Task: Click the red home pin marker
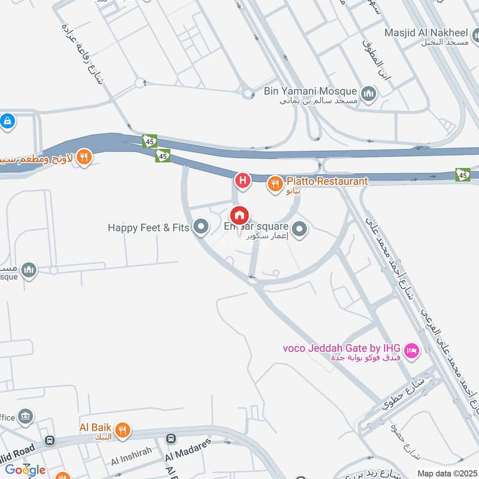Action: [x=239, y=216]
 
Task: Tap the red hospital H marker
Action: [x=242, y=179]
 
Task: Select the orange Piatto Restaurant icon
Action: [x=275, y=183]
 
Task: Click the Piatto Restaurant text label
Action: [x=327, y=181]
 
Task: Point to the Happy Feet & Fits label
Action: [x=148, y=228]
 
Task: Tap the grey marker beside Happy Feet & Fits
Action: [x=202, y=228]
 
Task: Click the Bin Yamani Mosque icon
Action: [x=368, y=93]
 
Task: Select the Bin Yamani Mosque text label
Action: [x=310, y=92]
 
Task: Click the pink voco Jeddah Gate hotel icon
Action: [x=411, y=350]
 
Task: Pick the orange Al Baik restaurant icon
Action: [x=122, y=429]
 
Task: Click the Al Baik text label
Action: [x=96, y=428]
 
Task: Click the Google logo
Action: [x=25, y=469]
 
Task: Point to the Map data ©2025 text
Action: [x=447, y=473]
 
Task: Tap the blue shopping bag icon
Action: [x=7, y=122]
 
